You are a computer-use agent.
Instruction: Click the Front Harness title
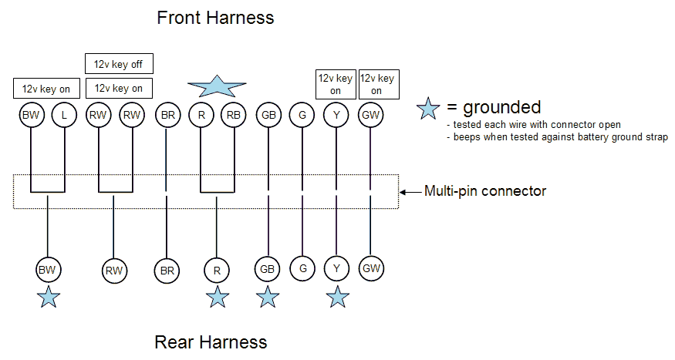point(215,18)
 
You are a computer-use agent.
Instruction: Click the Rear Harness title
point(211,342)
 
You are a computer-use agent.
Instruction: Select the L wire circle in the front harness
point(64,115)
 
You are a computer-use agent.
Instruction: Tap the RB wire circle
point(234,115)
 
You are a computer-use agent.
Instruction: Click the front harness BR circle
point(167,115)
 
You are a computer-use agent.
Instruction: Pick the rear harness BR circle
point(167,271)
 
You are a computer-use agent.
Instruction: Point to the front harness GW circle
point(370,115)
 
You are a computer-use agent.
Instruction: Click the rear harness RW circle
point(114,271)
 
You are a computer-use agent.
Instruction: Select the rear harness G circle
point(302,268)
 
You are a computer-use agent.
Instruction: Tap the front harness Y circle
point(336,115)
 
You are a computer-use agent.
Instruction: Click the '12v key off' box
point(119,64)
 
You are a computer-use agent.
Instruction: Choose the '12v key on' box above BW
point(46,89)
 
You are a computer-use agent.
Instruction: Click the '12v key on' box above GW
point(379,84)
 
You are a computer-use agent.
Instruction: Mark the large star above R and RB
point(217,86)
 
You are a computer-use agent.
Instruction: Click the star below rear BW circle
point(48,298)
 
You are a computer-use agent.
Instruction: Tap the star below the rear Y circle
point(337,298)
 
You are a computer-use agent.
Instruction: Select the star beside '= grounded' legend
point(428,109)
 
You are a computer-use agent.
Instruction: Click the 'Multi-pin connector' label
point(485,191)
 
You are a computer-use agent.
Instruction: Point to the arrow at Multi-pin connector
point(410,192)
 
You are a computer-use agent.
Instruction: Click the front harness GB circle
point(268,115)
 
